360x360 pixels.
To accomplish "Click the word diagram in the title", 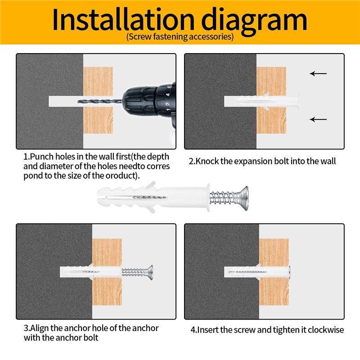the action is [x=254, y=21].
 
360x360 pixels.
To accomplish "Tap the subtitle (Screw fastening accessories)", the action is [x=180, y=37].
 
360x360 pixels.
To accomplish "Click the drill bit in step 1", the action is [x=99, y=101].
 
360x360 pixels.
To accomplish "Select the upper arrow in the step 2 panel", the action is [x=318, y=73].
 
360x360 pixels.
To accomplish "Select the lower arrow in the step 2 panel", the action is [x=318, y=119].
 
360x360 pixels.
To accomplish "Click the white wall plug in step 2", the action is [x=262, y=101].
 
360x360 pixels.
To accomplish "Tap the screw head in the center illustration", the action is [x=243, y=198].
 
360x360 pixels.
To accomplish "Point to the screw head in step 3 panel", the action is [x=150, y=273].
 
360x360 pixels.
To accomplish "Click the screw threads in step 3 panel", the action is [x=134, y=273].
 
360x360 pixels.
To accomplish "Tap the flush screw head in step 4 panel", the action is [x=289, y=272].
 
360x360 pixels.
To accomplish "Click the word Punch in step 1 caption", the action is [x=42, y=157].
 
